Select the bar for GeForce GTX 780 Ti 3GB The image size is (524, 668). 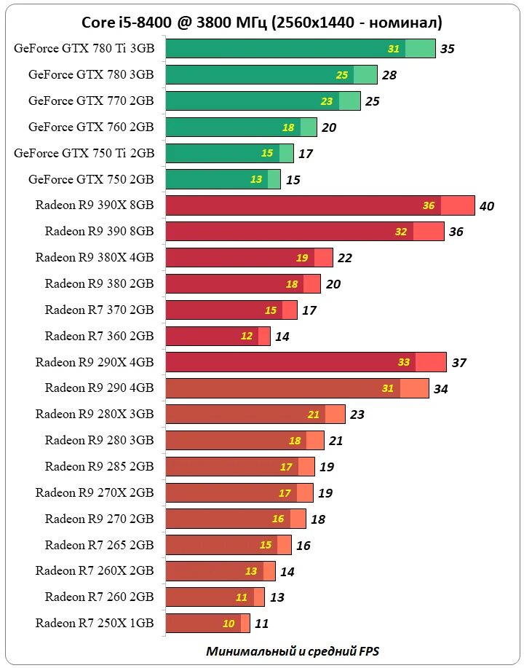(x=300, y=49)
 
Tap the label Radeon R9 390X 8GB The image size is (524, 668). (x=95, y=205)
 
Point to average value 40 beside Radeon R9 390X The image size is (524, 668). (x=487, y=206)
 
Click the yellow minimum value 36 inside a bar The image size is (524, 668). (x=429, y=206)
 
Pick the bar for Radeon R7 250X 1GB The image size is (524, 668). (x=207, y=624)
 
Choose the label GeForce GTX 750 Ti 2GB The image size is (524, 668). (x=84, y=153)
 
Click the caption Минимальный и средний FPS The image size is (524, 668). (x=293, y=651)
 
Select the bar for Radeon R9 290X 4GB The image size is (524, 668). (x=306, y=362)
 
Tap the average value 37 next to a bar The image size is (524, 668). (x=458, y=363)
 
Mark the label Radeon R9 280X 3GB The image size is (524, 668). (x=95, y=414)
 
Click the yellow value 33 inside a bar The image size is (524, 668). (x=403, y=362)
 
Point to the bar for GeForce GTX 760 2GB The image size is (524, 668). (x=241, y=127)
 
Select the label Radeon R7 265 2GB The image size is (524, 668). (x=99, y=545)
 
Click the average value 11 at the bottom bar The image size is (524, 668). (x=262, y=624)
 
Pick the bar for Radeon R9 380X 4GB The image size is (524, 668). (x=249, y=258)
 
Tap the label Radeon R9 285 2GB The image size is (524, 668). (x=99, y=466)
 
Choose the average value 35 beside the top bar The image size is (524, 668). (x=448, y=50)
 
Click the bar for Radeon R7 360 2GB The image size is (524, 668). (x=218, y=336)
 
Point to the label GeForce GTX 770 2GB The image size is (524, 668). (x=91, y=101)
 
